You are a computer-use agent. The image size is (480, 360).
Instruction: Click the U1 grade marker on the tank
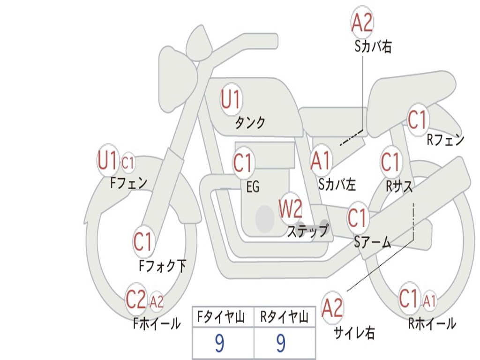point(231,100)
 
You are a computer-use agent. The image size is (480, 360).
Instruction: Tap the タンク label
point(250,123)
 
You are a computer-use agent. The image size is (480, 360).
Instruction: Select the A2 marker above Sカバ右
point(362,22)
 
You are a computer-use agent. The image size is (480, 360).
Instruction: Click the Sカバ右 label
point(373,47)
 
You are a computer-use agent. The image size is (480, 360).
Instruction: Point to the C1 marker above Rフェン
point(418,120)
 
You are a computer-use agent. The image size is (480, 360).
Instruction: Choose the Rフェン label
point(445,140)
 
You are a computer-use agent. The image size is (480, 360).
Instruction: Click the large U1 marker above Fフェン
point(107,161)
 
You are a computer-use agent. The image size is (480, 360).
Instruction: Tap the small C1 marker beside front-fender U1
point(128,163)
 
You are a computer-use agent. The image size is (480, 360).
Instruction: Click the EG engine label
point(253,187)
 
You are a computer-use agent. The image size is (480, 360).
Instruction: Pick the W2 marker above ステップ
point(291,209)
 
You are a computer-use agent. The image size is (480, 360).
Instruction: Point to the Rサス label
point(399,186)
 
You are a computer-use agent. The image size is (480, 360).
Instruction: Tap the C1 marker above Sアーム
point(357,218)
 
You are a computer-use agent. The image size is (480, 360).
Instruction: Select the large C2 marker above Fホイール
point(136,299)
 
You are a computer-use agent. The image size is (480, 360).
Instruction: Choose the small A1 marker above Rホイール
point(429,300)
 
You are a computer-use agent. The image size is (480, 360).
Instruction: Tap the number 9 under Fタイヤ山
point(219,344)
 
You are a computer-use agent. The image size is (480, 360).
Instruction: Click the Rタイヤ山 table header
point(285,318)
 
